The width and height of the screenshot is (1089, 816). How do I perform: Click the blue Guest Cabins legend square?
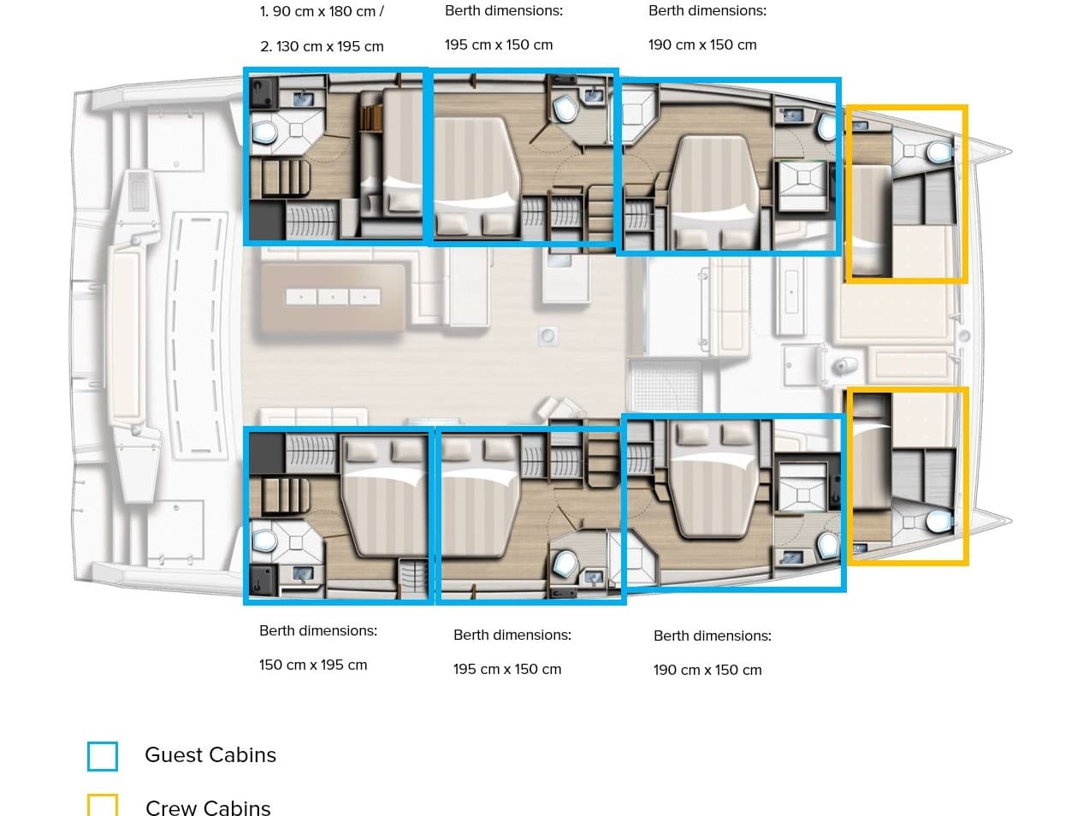click(x=103, y=756)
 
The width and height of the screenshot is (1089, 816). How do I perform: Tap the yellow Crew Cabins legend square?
click(x=103, y=805)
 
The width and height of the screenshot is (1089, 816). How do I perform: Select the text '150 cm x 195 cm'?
click(x=313, y=665)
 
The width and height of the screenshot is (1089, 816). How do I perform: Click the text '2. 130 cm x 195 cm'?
click(x=322, y=46)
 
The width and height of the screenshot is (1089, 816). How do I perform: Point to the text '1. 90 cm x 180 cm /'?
click(x=322, y=11)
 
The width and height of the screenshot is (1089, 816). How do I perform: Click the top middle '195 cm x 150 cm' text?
click(x=499, y=44)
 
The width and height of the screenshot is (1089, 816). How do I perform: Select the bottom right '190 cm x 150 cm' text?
click(x=707, y=670)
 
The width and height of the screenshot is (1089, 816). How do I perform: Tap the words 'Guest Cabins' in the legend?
click(x=210, y=754)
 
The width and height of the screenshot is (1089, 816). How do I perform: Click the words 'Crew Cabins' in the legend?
click(x=208, y=807)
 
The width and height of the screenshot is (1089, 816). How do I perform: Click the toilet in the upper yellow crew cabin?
click(x=938, y=152)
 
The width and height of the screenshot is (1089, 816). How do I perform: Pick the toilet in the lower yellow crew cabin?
click(x=938, y=520)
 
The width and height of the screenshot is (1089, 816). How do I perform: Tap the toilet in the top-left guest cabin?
click(x=264, y=133)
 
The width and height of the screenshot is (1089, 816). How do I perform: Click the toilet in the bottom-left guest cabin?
click(x=264, y=540)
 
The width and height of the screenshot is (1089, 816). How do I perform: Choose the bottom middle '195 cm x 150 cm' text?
click(x=507, y=669)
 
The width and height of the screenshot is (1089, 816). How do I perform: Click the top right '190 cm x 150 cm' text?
click(x=702, y=44)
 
